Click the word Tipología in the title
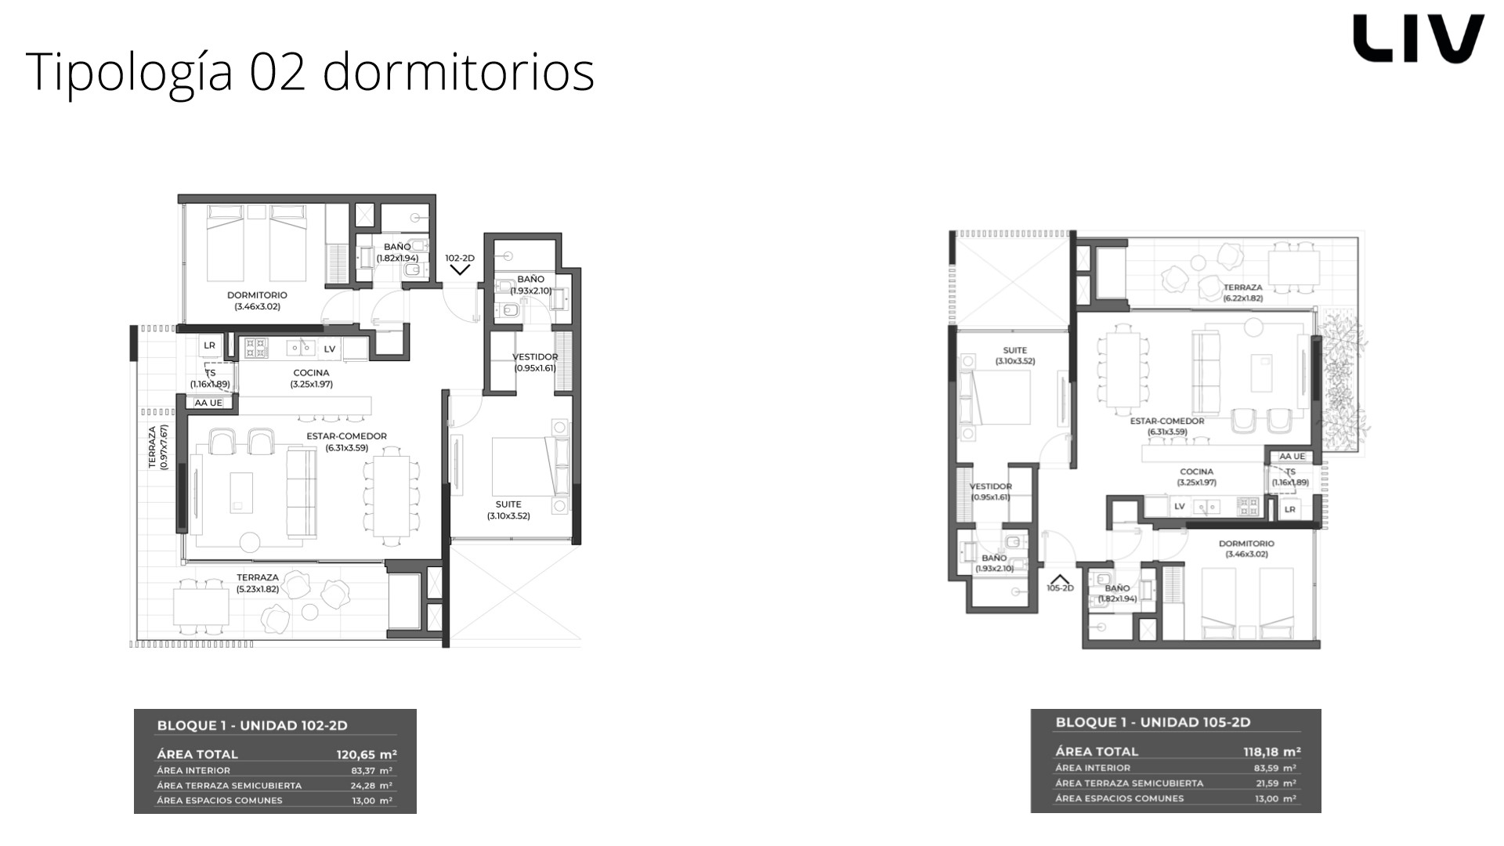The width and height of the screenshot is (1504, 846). (x=129, y=72)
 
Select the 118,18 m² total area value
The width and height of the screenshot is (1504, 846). (x=1272, y=752)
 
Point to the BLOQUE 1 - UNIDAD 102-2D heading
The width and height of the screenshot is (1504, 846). (x=252, y=725)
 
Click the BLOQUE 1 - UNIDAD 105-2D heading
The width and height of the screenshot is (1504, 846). (x=1153, y=722)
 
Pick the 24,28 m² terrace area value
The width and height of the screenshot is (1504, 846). (x=374, y=785)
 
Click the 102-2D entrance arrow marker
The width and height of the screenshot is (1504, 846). (x=460, y=270)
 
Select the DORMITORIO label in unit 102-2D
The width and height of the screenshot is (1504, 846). (x=257, y=295)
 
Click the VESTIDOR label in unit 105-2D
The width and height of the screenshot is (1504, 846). (x=991, y=486)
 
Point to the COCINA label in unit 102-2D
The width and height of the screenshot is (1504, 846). (x=311, y=373)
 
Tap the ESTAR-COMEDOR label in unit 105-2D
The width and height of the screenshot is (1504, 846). (x=1167, y=421)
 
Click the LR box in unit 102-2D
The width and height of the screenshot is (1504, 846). (x=209, y=345)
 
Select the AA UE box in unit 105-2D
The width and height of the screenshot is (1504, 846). (x=1292, y=457)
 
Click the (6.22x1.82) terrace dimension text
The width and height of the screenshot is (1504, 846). (x=1243, y=298)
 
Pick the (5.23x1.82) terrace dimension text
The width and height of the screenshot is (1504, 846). (x=258, y=589)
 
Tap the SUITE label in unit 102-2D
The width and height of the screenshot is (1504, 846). (x=508, y=504)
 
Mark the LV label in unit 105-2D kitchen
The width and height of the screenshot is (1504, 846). (x=1179, y=507)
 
